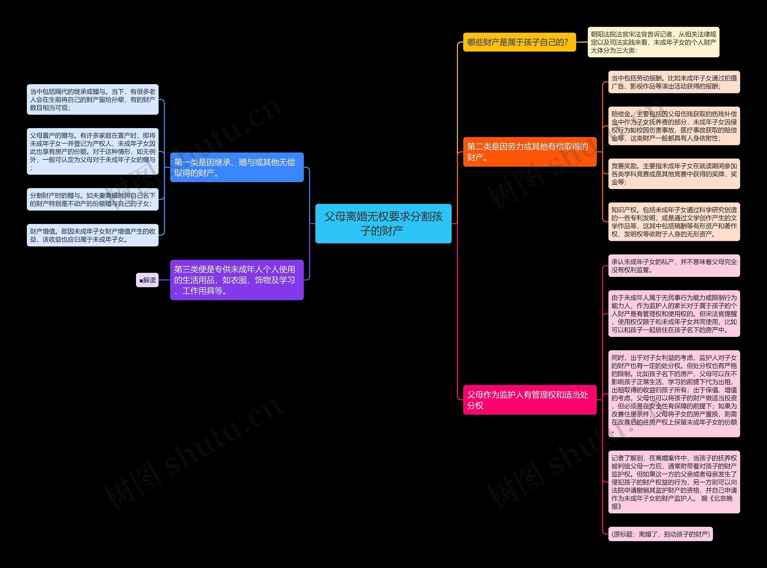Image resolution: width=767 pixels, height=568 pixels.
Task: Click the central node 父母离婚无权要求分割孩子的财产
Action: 383,223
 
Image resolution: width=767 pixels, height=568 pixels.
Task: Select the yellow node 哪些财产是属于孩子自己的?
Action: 519,42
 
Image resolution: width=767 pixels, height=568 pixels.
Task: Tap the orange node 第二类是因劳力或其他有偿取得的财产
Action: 529,152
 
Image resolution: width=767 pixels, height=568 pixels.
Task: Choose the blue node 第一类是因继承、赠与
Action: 236,167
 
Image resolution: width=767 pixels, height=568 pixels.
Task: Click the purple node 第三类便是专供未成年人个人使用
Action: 236,280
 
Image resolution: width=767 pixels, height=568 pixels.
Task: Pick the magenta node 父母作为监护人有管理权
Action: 529,400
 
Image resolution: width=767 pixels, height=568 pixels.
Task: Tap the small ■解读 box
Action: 147,280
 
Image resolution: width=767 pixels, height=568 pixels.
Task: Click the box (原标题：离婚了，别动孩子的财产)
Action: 660,534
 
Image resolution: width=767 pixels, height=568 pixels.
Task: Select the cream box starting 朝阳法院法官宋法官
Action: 653,42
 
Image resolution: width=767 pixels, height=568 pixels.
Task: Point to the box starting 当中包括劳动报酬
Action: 674,82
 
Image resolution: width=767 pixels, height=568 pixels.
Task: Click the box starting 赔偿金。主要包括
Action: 674,126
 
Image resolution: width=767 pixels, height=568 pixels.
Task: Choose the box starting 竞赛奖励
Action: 674,174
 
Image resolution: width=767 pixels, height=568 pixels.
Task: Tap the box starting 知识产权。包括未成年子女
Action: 674,222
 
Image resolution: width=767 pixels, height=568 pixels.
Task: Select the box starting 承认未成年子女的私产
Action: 674,266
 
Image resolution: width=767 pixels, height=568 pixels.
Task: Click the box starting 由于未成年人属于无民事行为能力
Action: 674,314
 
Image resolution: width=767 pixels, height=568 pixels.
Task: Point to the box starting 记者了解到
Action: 674,482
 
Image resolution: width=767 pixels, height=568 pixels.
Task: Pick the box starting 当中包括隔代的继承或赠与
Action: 93,99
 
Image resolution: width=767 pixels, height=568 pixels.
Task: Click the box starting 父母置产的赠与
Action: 93,151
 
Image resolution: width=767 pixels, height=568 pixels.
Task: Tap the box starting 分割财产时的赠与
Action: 93,200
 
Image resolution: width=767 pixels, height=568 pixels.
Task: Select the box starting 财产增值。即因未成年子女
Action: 93,235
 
